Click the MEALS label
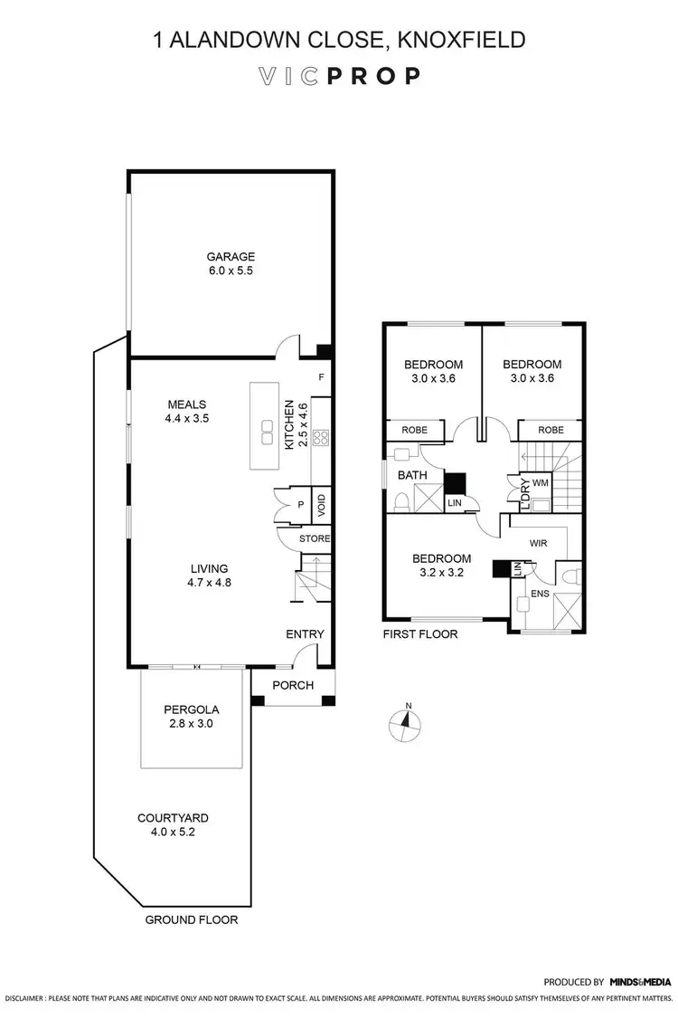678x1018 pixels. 186,404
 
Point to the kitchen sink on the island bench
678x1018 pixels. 268,433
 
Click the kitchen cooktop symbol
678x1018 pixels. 321,438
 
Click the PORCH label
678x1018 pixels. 292,685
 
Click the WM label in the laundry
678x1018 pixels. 540,483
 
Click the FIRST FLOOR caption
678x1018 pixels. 420,634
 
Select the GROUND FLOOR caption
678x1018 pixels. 192,919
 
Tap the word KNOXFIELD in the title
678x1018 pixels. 462,39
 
